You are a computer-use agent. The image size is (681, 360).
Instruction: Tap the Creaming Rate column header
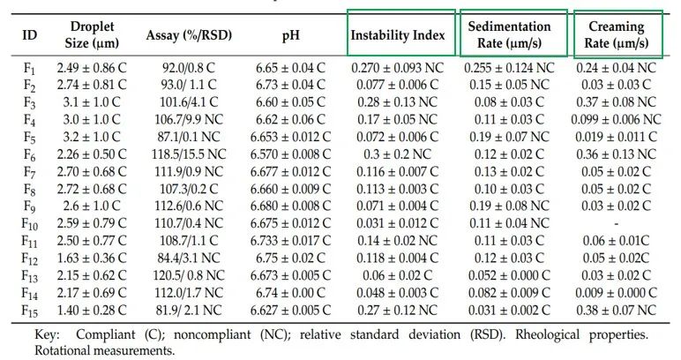(616, 34)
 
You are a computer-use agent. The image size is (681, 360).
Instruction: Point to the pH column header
(291, 35)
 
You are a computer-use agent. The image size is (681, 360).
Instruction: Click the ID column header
(30, 35)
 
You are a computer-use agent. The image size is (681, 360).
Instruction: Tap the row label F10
(31, 223)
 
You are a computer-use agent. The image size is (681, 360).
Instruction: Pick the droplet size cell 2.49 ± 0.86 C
(92, 67)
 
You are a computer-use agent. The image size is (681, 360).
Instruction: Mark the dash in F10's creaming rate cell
(616, 223)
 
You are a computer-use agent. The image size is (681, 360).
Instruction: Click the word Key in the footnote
(47, 335)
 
